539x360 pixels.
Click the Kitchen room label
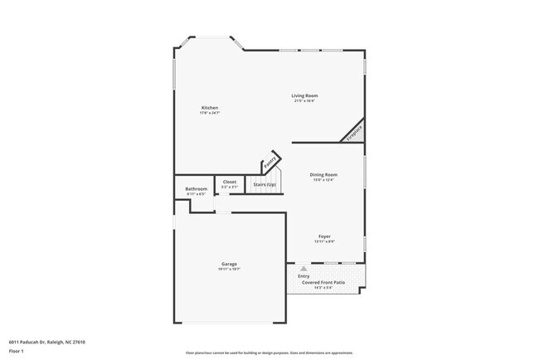click(210, 108)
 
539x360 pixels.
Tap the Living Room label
click(304, 95)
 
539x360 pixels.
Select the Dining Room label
click(323, 174)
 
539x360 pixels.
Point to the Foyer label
click(324, 236)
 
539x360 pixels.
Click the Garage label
click(229, 264)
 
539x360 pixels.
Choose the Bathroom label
click(197, 188)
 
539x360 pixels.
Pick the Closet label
click(230, 182)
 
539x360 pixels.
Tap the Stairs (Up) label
click(265, 183)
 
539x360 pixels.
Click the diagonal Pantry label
click(269, 163)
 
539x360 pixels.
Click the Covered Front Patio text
click(323, 283)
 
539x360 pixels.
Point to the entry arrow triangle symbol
click(304, 269)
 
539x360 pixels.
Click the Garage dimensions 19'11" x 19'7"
click(229, 270)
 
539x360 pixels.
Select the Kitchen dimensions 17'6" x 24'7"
click(210, 113)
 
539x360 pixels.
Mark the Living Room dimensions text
click(304, 101)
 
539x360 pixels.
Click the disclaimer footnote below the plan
click(269, 352)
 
